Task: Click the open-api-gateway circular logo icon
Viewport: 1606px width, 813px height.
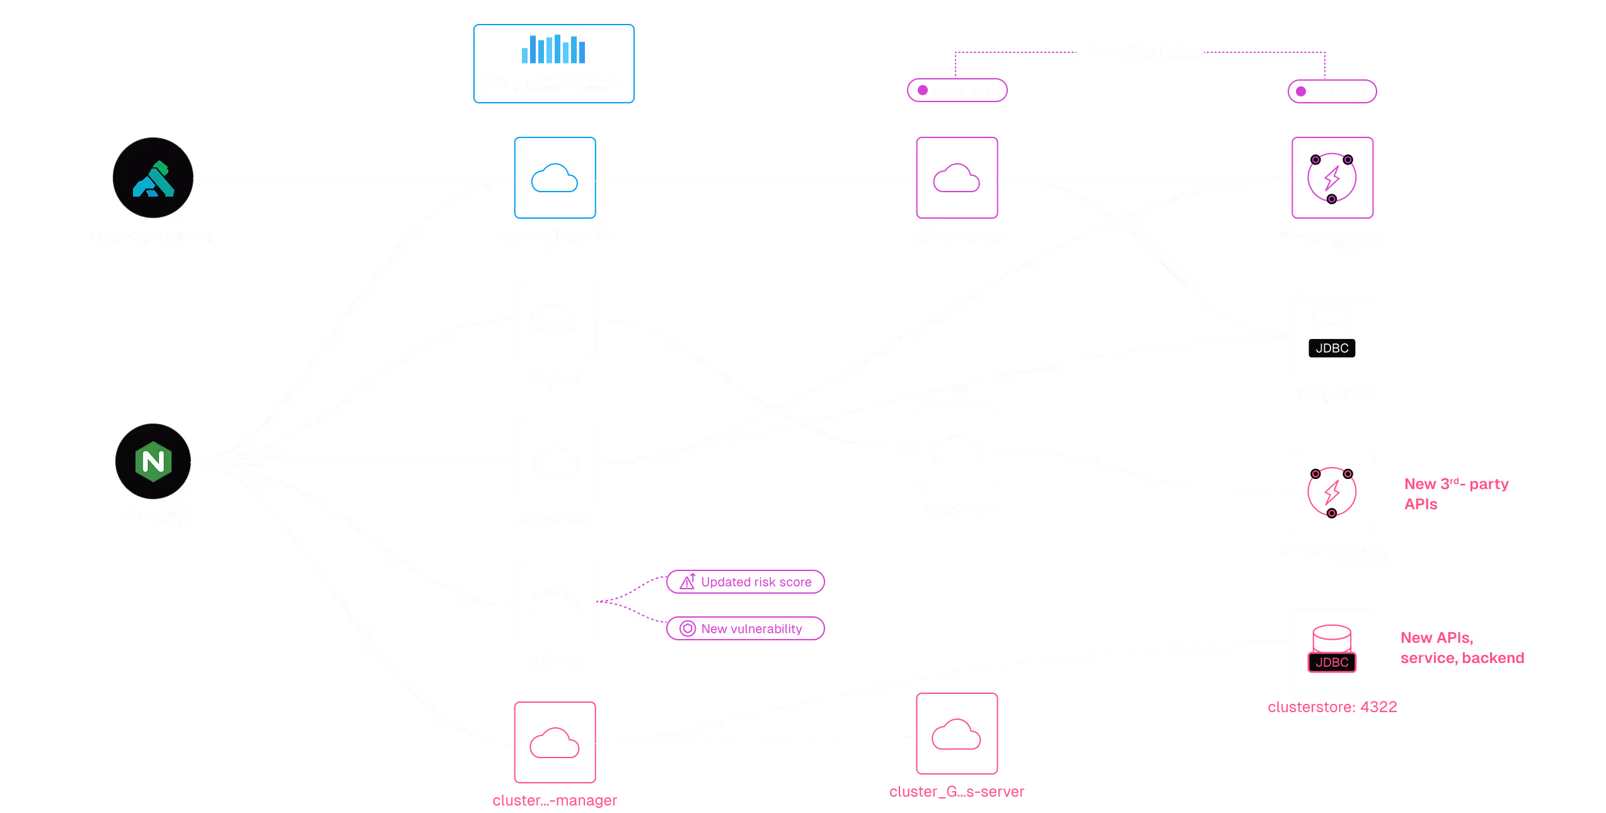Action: (153, 178)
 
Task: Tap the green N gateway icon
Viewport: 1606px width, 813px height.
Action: (153, 461)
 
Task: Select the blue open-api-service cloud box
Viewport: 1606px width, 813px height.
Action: (555, 178)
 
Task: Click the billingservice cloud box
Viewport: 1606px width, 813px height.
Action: (956, 178)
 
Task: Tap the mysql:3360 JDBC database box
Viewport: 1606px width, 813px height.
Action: (1332, 335)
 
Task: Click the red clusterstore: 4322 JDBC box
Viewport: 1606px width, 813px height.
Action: (1332, 649)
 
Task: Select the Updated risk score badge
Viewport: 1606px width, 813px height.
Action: (746, 582)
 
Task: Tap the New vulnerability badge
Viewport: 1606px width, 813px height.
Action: (746, 628)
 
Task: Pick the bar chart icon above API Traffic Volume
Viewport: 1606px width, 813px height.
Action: (553, 49)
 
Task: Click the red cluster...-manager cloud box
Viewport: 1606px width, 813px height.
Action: (555, 742)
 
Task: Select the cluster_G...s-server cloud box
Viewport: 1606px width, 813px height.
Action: (956, 734)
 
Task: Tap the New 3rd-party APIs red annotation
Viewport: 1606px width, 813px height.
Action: (1455, 493)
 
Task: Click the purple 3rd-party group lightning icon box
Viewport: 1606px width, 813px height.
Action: (1332, 178)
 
